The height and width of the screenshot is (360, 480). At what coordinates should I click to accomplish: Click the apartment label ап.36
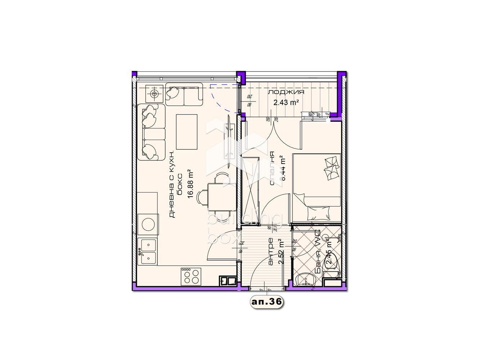[266, 302]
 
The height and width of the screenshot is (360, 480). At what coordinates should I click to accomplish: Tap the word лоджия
[286, 92]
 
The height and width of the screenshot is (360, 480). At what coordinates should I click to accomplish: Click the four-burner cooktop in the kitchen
[190, 276]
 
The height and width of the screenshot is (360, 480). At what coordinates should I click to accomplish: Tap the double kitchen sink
[147, 252]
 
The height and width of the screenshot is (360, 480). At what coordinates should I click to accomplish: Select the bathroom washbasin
[306, 279]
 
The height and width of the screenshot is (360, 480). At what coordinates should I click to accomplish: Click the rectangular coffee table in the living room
[187, 132]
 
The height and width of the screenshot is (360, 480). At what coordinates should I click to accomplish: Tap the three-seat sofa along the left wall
[151, 132]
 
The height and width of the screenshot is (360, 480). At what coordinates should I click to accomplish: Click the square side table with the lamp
[154, 94]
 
